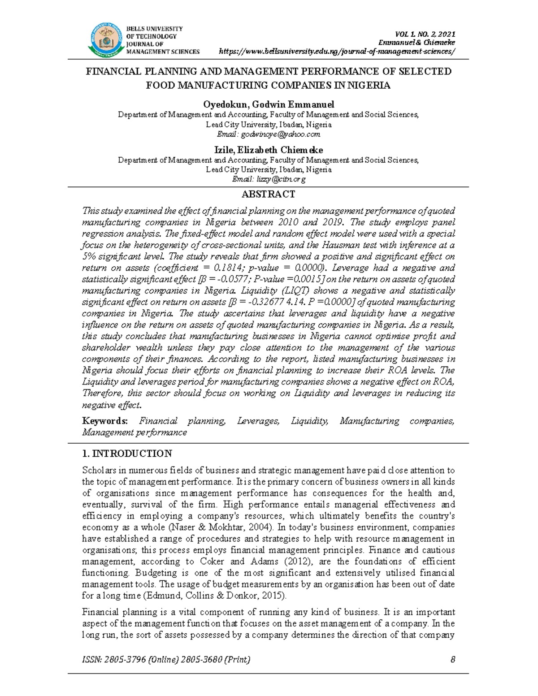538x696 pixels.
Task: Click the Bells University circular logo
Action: coord(106,39)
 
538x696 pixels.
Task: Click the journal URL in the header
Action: coord(337,51)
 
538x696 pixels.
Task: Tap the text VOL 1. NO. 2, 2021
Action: coord(425,34)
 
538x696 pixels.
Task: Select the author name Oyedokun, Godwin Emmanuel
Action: coord(268,104)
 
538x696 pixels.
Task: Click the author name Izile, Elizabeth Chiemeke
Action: coord(268,150)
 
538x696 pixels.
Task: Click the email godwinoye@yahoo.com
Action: coord(280,134)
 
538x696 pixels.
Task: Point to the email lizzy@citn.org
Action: coord(281,179)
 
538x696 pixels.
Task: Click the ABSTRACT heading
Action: coord(268,194)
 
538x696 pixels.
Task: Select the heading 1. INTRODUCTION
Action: coord(127,454)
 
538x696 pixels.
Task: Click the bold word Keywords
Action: coord(104,421)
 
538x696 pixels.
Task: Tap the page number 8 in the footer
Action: coord(453,659)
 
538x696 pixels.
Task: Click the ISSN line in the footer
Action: coord(166,659)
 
